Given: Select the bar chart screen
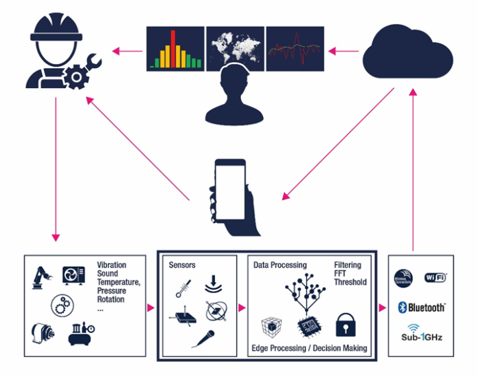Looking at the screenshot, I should point(176,49).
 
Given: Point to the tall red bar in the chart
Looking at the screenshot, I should point(173,49).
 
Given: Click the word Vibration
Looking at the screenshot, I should point(111,265).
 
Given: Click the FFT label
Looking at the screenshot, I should point(341,273).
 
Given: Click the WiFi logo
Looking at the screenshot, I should point(436,277).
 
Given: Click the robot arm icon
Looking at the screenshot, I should point(41,276).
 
